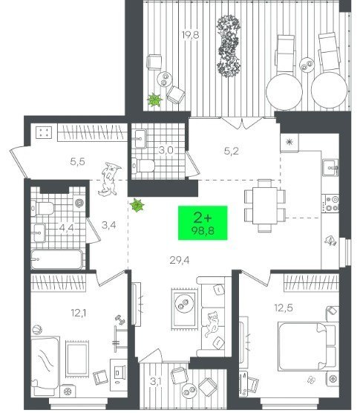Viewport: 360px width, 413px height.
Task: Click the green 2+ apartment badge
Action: tap(203, 223)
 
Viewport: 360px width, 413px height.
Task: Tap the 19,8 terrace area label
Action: tap(191, 35)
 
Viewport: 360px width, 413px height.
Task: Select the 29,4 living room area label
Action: tap(180, 261)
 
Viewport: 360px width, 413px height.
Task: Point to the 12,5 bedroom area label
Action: tap(284, 308)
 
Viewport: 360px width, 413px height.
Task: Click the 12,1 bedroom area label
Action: tap(79, 313)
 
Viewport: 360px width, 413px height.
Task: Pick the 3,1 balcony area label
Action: tap(156, 381)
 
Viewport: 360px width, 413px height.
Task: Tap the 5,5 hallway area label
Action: tap(78, 161)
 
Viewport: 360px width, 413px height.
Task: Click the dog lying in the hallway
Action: tap(109, 179)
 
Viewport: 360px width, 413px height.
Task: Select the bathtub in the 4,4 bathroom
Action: tap(57, 259)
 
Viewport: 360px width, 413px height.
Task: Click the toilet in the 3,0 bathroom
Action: tap(143, 166)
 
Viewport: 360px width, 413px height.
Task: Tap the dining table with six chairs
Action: tap(265, 206)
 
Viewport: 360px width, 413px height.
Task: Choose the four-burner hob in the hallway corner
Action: tap(44, 132)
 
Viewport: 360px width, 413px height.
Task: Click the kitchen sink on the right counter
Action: tap(330, 168)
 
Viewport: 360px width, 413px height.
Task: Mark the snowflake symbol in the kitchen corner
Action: tap(289, 143)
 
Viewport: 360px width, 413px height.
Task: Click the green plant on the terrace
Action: tap(154, 100)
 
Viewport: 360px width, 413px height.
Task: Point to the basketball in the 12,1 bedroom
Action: tap(37, 330)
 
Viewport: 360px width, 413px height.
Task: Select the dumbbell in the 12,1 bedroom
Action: tap(120, 320)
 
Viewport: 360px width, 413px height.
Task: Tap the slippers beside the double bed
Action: tap(312, 380)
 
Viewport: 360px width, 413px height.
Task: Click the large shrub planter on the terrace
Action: tap(229, 46)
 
